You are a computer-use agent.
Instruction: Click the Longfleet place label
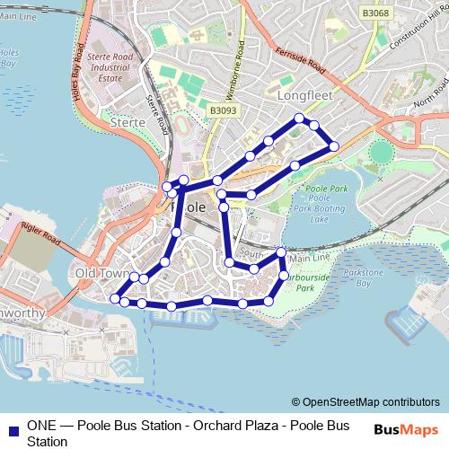[x=305, y=93]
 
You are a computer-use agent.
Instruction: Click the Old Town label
[x=99, y=272]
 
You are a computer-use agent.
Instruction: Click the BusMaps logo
[x=406, y=428]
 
